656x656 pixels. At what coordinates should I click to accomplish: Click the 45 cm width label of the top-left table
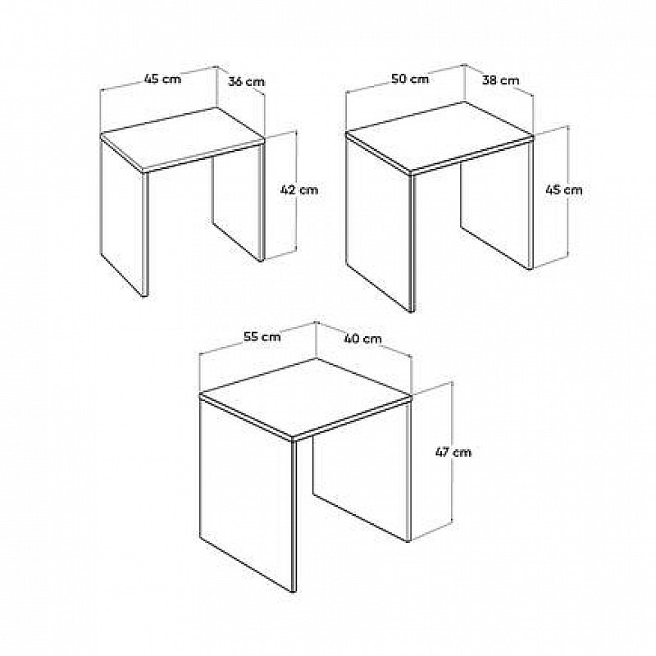pos(162,78)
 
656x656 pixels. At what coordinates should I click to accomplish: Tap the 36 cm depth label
pos(246,81)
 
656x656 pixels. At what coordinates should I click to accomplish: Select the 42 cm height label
pos(299,190)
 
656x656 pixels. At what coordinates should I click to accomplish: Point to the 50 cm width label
pos(410,79)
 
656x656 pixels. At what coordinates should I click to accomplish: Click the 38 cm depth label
pos(500,80)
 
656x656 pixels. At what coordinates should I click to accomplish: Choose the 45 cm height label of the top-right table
pos(563,190)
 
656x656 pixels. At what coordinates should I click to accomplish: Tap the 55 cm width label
pos(262,336)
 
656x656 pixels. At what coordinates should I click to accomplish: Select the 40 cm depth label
pos(362,338)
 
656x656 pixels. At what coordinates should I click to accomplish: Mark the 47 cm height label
pos(453,453)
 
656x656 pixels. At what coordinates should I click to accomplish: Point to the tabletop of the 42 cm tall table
pos(183,139)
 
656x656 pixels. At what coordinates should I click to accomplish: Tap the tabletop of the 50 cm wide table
pos(440,137)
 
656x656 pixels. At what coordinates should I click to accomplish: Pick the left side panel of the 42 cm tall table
pos(124,216)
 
